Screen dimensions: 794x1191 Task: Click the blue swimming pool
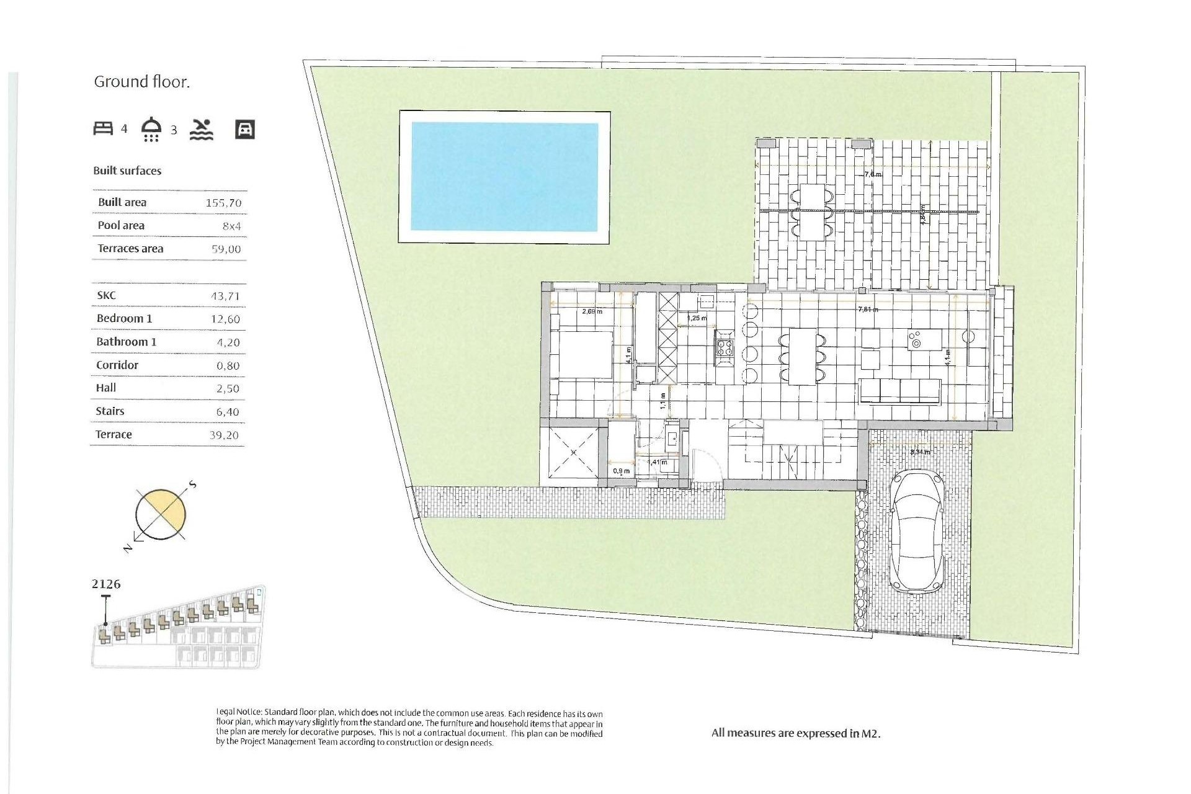tap(504, 177)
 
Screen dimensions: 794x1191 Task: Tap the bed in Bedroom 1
tap(581, 354)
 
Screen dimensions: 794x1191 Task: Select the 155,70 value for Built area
tap(223, 203)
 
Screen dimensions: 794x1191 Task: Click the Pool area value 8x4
tap(231, 226)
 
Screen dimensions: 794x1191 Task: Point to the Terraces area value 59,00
tap(226, 249)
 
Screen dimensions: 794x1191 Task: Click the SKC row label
tap(106, 295)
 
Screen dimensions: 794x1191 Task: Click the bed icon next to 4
tap(103, 128)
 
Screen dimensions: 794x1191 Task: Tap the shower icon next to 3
tap(151, 129)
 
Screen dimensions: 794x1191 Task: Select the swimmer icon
tap(202, 129)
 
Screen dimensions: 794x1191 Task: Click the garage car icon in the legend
tap(245, 129)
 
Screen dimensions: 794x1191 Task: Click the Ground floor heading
tap(141, 82)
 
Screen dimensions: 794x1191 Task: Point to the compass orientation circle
tap(161, 514)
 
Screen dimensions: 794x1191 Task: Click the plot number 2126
tap(106, 584)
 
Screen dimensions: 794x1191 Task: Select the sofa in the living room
tap(899, 391)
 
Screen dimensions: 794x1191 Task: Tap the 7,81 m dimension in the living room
tap(867, 309)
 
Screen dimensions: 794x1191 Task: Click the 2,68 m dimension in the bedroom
tap(592, 311)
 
